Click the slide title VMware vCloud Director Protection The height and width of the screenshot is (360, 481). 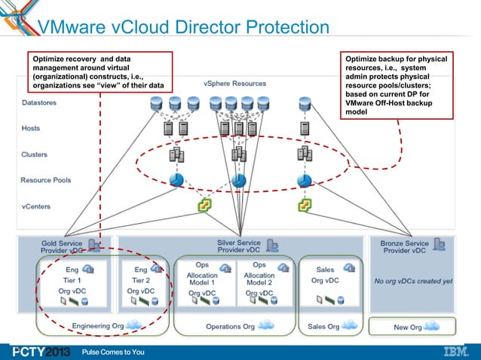183,29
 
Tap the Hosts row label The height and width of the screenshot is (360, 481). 31,129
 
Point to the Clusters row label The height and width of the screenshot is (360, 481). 35,154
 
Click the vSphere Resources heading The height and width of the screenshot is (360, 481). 233,83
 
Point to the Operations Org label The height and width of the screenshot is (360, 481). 230,326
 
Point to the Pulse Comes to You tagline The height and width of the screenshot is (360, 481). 113,352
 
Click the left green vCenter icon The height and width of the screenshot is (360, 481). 204,205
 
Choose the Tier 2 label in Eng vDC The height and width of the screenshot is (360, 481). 141,279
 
